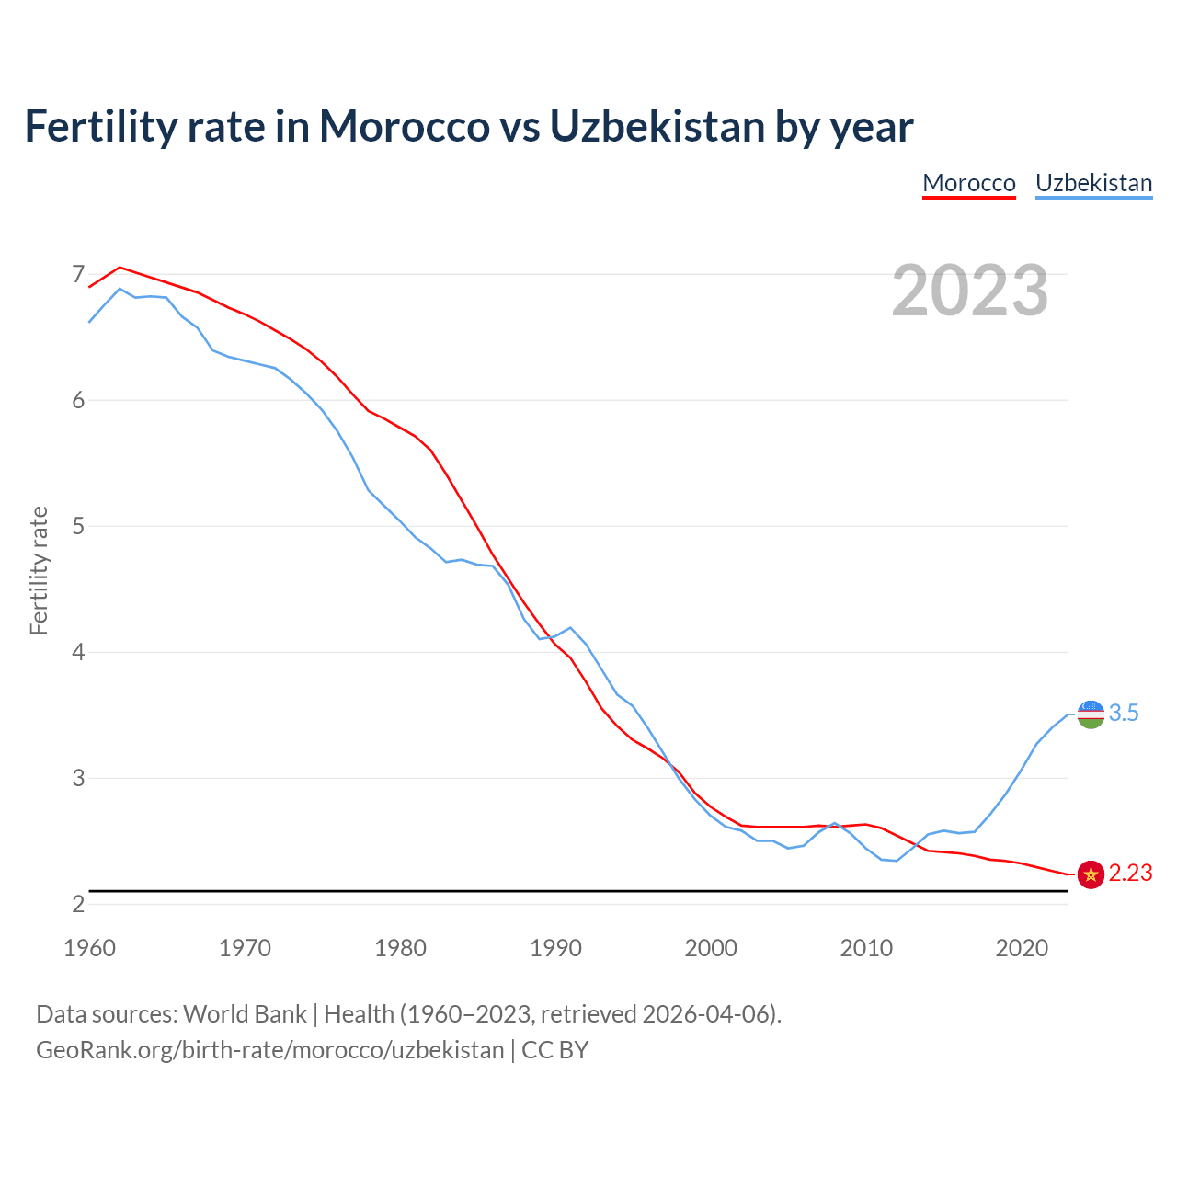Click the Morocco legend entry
click(969, 183)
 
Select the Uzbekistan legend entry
click(1093, 183)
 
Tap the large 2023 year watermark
click(970, 291)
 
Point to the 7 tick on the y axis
click(78, 274)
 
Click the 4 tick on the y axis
click(78, 652)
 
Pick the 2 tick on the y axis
click(78, 904)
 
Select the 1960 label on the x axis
click(89, 948)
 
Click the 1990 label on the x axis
click(555, 948)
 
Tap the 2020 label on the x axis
click(1022, 948)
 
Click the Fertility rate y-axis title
click(39, 570)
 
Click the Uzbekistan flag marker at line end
click(1091, 714)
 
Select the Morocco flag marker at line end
click(1091, 874)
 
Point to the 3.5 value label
click(1124, 714)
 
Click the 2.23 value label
click(1130, 874)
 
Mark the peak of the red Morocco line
click(120, 268)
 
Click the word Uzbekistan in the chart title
click(657, 126)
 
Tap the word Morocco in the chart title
click(404, 126)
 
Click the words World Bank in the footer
click(245, 1014)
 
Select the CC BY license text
click(554, 1050)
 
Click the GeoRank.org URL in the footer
click(269, 1050)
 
